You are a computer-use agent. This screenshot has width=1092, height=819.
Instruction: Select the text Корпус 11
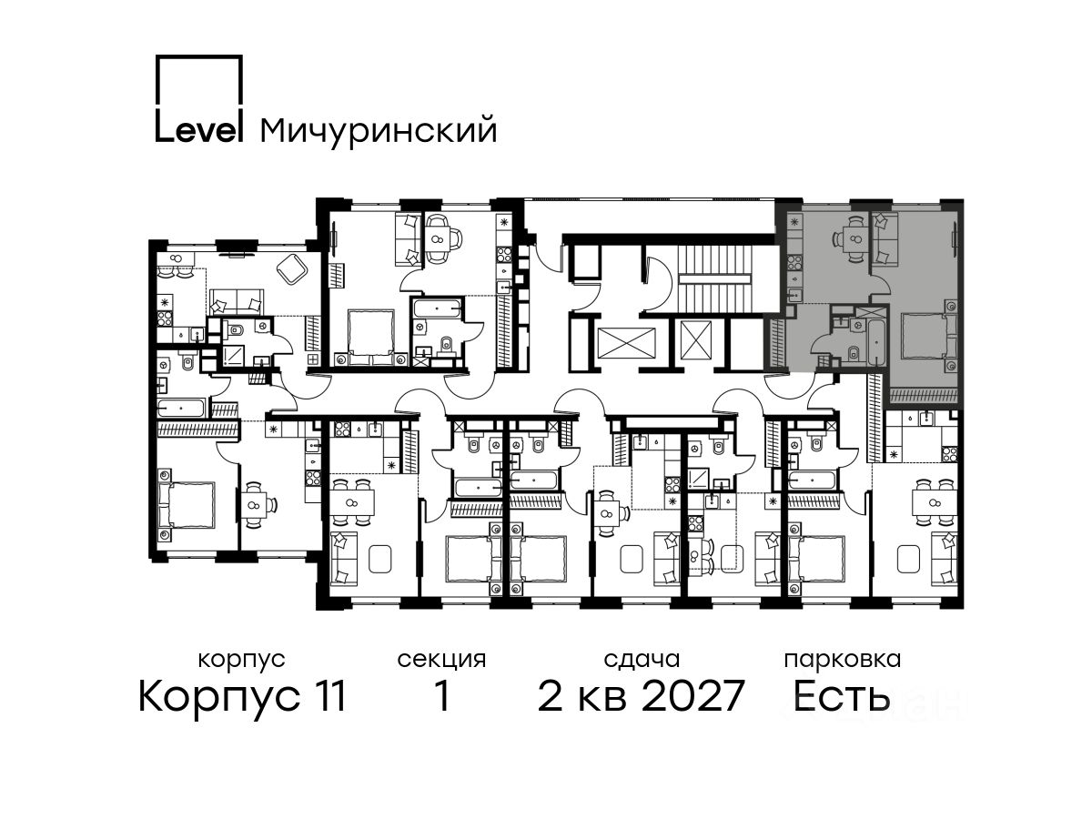pyautogui.click(x=242, y=696)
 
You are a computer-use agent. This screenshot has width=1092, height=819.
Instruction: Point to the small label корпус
pyautogui.click(x=242, y=661)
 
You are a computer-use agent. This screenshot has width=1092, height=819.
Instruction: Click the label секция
pyautogui.click(x=441, y=661)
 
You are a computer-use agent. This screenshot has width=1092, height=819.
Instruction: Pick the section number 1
pyautogui.click(x=441, y=696)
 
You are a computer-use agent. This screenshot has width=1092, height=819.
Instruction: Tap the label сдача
pyautogui.click(x=642, y=660)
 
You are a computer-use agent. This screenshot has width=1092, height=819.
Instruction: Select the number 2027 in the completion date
pyautogui.click(x=693, y=696)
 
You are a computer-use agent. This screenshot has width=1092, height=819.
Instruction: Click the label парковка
pyautogui.click(x=843, y=660)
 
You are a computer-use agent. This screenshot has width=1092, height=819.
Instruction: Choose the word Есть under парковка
pyautogui.click(x=841, y=696)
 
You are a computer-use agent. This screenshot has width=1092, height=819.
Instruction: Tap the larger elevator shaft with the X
pyautogui.click(x=627, y=344)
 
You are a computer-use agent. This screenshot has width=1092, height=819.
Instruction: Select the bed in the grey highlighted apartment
pyautogui.click(x=926, y=336)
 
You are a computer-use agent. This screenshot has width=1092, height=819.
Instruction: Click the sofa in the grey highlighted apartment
pyautogui.click(x=884, y=239)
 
